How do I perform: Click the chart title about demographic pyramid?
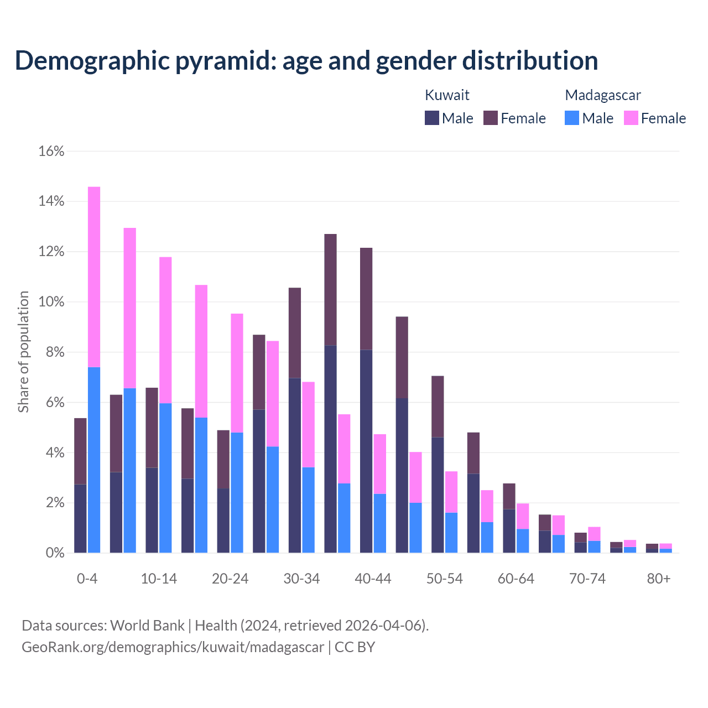click(306, 61)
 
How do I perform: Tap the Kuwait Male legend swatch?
click(432, 118)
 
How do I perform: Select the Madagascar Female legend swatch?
click(631, 118)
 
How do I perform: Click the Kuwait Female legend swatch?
click(491, 118)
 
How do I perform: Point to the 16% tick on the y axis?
click(51, 151)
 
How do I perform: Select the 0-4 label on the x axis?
click(87, 579)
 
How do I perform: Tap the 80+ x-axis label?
click(659, 579)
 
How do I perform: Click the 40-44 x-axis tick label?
click(373, 579)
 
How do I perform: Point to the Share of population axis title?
click(24, 352)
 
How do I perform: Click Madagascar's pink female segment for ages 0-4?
click(94, 277)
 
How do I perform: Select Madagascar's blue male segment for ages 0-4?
click(94, 459)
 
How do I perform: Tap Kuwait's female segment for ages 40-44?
click(366, 299)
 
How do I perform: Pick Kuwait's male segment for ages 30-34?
click(295, 465)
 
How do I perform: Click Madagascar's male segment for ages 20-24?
click(237, 492)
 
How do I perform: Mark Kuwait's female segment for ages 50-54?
click(438, 407)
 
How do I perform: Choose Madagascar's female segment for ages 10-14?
click(165, 330)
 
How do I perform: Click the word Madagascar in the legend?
click(603, 95)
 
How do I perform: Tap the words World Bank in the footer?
click(147, 626)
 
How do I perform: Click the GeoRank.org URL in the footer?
click(173, 647)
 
